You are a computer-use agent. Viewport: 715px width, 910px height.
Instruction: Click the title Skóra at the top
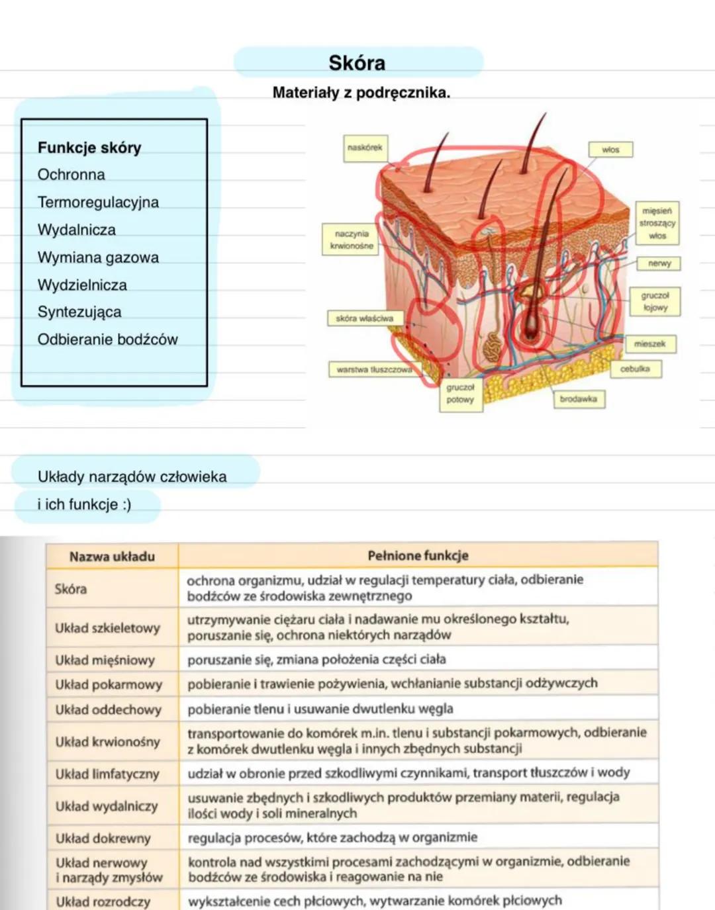(357, 63)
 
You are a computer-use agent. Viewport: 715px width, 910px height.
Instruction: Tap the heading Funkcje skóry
(89, 148)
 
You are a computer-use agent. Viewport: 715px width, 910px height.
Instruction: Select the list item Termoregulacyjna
(98, 202)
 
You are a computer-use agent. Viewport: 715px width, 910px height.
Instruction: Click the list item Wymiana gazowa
(98, 257)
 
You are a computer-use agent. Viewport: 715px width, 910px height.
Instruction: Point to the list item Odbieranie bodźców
(107, 340)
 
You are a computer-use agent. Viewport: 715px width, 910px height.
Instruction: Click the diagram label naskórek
(365, 148)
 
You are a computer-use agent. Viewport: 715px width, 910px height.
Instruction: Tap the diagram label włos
(610, 150)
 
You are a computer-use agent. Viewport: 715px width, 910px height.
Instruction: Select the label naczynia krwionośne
(352, 240)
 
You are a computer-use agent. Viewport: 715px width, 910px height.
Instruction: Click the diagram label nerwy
(659, 263)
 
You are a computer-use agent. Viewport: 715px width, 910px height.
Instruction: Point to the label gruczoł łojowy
(655, 301)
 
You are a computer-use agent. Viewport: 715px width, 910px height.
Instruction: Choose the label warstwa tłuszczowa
(374, 369)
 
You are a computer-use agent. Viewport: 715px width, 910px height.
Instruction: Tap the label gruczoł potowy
(460, 394)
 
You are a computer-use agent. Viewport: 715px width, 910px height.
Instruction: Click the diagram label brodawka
(578, 399)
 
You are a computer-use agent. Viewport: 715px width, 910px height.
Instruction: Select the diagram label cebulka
(634, 369)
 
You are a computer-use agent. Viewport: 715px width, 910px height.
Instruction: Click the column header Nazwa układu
(112, 557)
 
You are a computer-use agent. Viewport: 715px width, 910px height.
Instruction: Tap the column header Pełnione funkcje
(418, 556)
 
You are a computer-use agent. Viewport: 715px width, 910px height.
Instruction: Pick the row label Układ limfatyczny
(107, 774)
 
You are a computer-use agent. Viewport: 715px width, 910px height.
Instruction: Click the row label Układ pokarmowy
(109, 684)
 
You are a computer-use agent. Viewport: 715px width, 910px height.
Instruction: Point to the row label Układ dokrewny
(103, 838)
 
